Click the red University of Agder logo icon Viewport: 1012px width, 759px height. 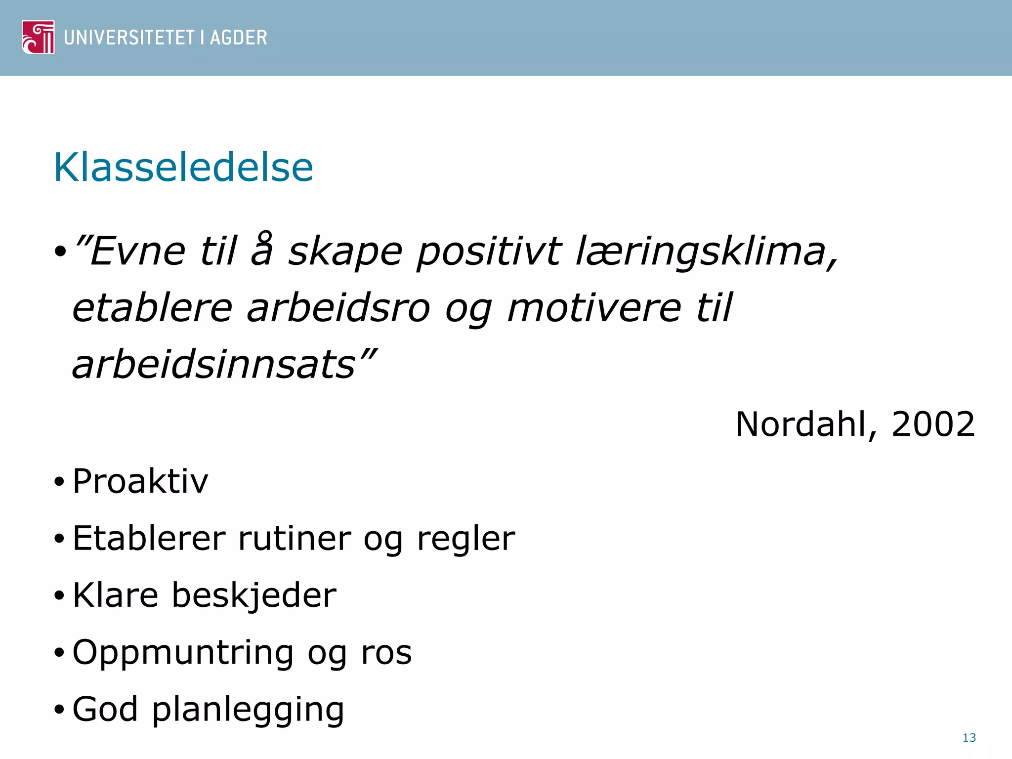click(38, 37)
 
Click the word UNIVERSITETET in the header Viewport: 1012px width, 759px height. click(129, 38)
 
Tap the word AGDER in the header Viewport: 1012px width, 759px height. click(238, 38)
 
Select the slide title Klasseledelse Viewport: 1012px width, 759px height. click(183, 168)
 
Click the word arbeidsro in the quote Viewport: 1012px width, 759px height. click(338, 308)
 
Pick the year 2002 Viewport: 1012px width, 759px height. click(933, 424)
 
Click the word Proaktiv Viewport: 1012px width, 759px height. click(140, 481)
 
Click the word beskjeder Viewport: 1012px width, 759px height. click(254, 595)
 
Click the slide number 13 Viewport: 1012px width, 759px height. click(969, 738)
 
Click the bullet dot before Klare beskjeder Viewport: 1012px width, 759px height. click(59, 596)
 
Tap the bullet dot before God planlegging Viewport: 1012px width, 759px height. click(59, 710)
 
